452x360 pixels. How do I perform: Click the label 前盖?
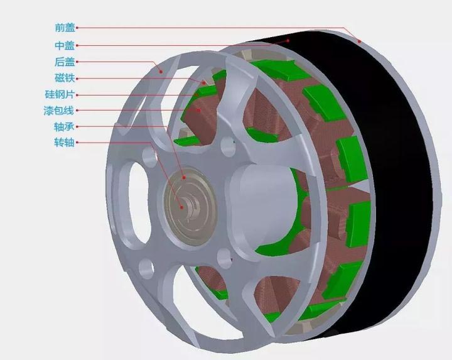[x=65, y=28]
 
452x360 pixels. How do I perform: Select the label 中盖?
[x=65, y=46]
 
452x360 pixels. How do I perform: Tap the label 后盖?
[x=65, y=62]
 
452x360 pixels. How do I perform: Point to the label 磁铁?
[x=65, y=78]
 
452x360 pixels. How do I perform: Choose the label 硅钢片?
[x=60, y=94]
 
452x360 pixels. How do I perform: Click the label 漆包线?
[x=59, y=111]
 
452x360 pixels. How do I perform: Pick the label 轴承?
[x=64, y=126]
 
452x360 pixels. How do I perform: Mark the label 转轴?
[x=64, y=143]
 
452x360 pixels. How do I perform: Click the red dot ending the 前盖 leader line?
[x=360, y=41]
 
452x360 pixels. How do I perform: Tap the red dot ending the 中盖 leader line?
[x=288, y=41]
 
